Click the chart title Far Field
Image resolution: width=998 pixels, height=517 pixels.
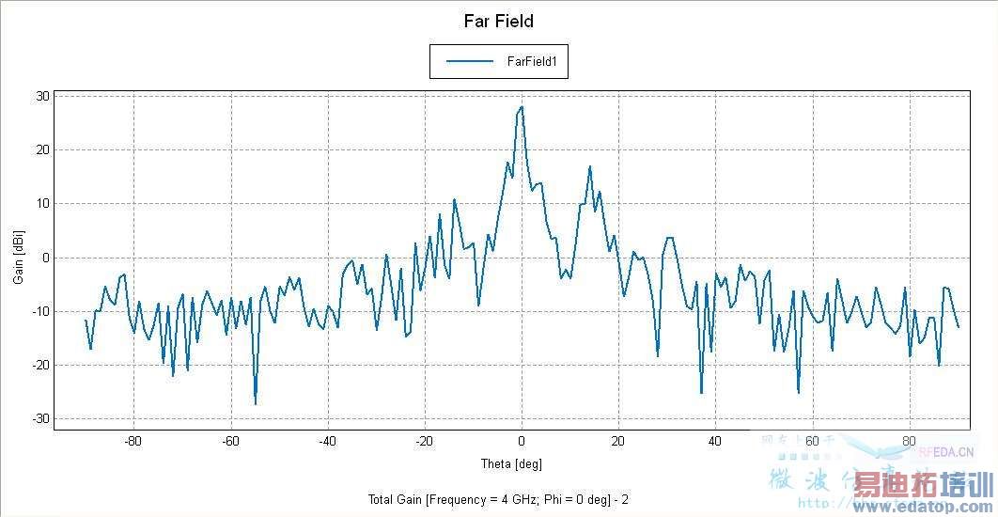[x=498, y=21]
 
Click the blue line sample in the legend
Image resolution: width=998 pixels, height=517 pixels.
[x=470, y=61]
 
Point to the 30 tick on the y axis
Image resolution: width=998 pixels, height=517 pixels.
[x=42, y=96]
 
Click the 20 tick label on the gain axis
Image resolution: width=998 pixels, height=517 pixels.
[x=42, y=149]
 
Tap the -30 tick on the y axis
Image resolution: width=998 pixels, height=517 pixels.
[x=40, y=419]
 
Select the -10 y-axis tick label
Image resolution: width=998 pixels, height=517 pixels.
[x=40, y=311]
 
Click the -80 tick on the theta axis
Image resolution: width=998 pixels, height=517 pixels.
[x=133, y=442]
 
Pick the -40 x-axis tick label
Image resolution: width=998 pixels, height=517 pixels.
[x=326, y=442]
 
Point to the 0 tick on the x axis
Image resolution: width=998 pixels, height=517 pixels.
[x=522, y=442]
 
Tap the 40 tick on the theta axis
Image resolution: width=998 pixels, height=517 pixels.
[x=715, y=442]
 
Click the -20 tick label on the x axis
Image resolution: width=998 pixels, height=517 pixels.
[x=424, y=442]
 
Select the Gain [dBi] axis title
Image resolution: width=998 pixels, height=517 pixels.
[x=18, y=258]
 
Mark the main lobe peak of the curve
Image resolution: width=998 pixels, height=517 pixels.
[x=522, y=106]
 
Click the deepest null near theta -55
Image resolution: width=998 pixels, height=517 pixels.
[x=255, y=404]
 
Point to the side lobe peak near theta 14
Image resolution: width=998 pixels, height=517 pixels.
[x=590, y=166]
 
